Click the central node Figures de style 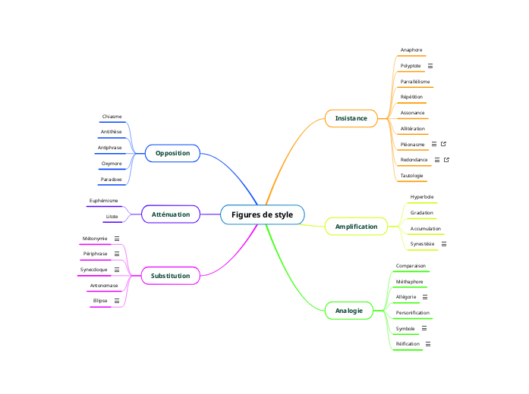pyautogui.click(x=262, y=214)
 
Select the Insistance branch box pyautogui.click(x=351, y=118)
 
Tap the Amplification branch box pyautogui.click(x=356, y=227)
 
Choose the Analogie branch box pyautogui.click(x=348, y=311)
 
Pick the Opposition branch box pyautogui.click(x=172, y=153)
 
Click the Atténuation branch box pyautogui.click(x=171, y=214)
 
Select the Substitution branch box pyautogui.click(x=170, y=276)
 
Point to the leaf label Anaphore pyautogui.click(x=411, y=50)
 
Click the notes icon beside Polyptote pyautogui.click(x=430, y=66)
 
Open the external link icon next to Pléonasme pyautogui.click(x=444, y=144)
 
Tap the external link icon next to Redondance pyautogui.click(x=447, y=160)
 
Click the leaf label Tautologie pyautogui.click(x=412, y=176)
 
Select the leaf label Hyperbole pyautogui.click(x=422, y=197)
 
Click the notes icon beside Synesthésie pyautogui.click(x=444, y=244)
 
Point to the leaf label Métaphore pyautogui.click(x=410, y=281)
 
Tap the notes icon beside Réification pyautogui.click(x=429, y=344)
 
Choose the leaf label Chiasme pyautogui.click(x=112, y=117)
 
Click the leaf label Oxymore pyautogui.click(x=112, y=164)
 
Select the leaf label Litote pyautogui.click(x=112, y=217)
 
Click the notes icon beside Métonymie pyautogui.click(x=117, y=239)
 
